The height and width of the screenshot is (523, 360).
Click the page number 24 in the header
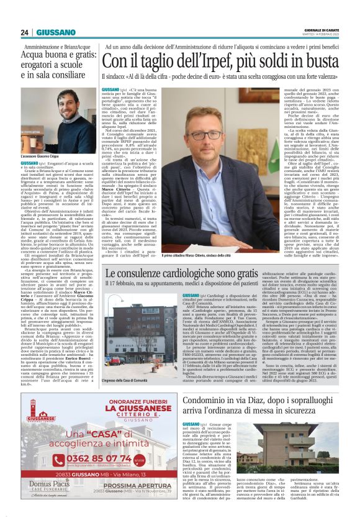click(x=25, y=32)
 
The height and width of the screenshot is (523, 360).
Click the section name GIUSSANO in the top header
click(x=56, y=32)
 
